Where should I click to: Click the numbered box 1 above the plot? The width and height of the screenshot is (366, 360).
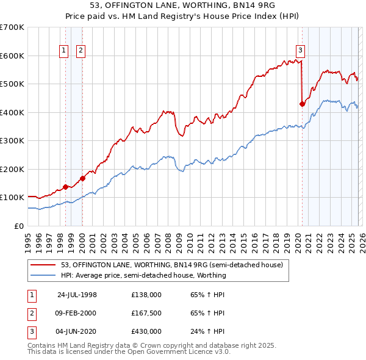(65, 51)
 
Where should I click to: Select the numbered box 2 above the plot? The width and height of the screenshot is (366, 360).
(81, 51)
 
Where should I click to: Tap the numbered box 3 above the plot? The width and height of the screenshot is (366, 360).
(301, 51)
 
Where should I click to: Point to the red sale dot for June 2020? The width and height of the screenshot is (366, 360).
(302, 104)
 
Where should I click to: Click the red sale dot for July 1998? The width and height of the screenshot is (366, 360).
(66, 187)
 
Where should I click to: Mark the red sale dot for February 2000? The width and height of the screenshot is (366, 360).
(82, 178)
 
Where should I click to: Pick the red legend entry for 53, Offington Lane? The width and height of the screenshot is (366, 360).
(171, 265)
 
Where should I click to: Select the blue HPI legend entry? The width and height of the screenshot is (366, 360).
(143, 275)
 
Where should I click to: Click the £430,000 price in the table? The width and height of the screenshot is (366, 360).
(146, 331)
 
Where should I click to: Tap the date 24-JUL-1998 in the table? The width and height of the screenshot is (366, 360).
(77, 295)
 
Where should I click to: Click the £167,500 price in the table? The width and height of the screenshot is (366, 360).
(146, 313)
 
